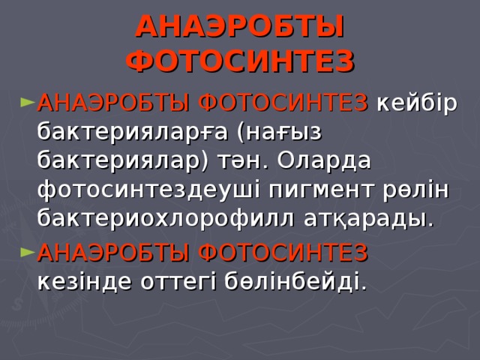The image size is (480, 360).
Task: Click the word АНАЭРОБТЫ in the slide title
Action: point(240,27)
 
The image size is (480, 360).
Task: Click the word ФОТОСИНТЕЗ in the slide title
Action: point(240,60)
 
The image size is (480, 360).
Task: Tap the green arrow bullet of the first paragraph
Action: point(27,102)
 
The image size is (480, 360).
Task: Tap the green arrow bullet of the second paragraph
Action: point(27,252)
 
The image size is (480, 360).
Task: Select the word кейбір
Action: point(417,103)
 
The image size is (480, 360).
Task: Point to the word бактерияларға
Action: point(133,132)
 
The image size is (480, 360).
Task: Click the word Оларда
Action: point(323,161)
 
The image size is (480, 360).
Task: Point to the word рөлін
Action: point(415,190)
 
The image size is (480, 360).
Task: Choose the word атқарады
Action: point(369,218)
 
